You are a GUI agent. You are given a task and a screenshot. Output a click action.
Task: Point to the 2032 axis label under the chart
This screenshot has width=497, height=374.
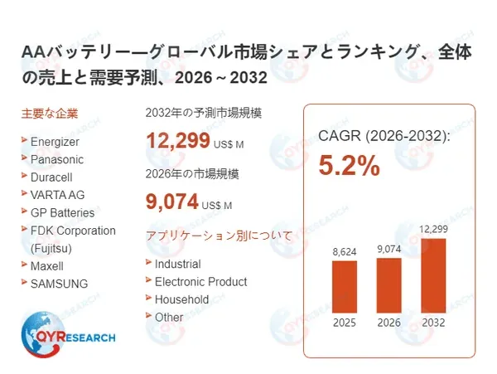(432, 323)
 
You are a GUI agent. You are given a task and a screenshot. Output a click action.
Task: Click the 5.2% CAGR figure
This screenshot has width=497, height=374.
(350, 165)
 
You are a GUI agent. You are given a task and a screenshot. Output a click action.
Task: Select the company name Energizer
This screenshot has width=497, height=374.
(55, 141)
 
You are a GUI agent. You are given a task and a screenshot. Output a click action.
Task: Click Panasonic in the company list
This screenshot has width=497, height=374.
(56, 158)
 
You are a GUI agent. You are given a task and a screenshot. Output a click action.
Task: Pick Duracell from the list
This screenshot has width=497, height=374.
(53, 177)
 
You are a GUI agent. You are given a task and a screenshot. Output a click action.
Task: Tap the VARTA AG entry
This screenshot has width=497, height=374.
(57, 194)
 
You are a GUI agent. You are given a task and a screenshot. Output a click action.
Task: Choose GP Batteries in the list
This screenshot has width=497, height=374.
(62, 212)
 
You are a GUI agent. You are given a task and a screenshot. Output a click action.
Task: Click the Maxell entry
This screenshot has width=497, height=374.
(46, 266)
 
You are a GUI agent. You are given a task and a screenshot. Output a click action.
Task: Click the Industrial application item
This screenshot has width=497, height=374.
(177, 264)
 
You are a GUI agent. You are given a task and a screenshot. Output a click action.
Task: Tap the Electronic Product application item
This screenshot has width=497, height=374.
(200, 281)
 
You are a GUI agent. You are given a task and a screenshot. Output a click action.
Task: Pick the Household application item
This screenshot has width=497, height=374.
(181, 299)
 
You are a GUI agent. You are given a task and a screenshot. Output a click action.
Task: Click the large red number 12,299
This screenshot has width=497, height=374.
(177, 141)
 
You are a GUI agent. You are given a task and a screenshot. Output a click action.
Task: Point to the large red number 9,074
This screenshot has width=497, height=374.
(172, 201)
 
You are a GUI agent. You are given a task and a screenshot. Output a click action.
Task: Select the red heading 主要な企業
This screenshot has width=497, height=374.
(49, 113)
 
